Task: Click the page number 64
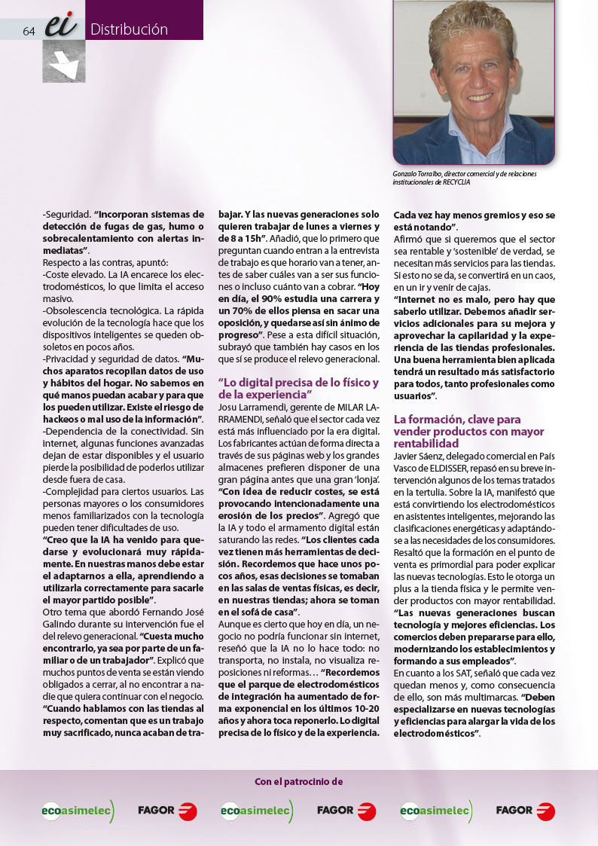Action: (30, 31)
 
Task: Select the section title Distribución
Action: (129, 30)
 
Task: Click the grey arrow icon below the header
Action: (63, 63)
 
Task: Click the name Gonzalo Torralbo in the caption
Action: (419, 174)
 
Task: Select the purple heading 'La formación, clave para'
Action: (457, 419)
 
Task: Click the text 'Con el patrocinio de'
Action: (298, 781)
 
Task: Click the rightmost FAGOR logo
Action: (525, 811)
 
